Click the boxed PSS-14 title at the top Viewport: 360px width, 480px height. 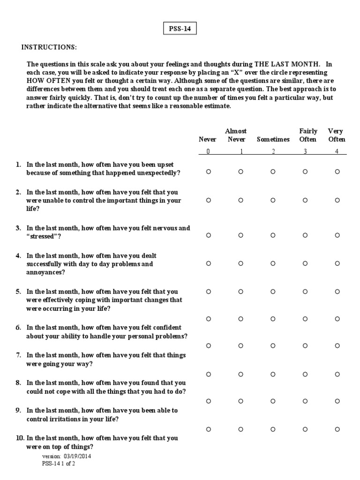180,30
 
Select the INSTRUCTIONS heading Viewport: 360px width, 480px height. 48,48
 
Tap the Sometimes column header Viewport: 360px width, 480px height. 273,139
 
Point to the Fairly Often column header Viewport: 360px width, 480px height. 308,135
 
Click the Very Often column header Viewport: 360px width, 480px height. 337,135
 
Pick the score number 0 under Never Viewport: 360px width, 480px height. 208,151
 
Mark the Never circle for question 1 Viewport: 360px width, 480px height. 208,172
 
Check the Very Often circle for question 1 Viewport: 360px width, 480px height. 337,172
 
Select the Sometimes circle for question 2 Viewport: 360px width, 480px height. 273,200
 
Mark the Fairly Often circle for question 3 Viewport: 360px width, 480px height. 305,236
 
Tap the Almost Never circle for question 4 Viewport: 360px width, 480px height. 240,263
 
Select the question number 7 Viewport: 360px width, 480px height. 18,355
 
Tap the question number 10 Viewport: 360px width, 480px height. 20,438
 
